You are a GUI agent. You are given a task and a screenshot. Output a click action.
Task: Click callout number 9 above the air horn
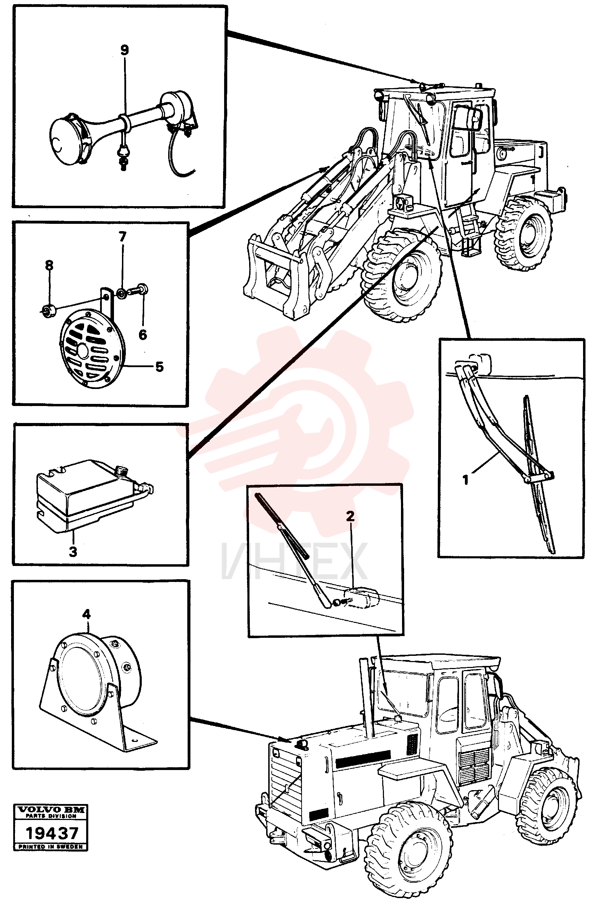124,50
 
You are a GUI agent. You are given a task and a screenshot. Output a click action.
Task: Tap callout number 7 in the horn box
122,237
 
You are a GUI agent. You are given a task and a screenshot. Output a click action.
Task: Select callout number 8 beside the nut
49,265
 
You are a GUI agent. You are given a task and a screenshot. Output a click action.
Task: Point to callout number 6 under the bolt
142,335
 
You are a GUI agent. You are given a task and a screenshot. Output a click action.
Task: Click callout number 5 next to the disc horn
159,366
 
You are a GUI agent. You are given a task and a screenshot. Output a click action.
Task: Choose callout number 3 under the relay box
73,551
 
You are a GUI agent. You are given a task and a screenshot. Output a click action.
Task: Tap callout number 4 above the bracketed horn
87,614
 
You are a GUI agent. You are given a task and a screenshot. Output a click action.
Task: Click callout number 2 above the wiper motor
350,516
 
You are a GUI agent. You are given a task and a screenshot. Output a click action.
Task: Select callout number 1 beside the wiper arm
465,480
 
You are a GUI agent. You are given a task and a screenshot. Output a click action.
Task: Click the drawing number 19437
52,833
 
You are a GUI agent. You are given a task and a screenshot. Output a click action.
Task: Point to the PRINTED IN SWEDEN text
51,846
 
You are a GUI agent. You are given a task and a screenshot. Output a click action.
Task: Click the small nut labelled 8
48,311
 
